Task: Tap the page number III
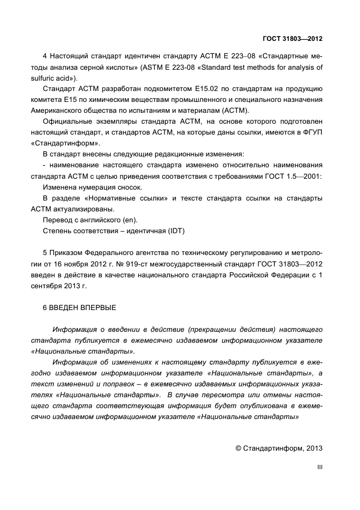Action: click(x=320, y=467)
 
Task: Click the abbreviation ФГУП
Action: click(x=312, y=132)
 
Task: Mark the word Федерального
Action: click(x=111, y=253)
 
